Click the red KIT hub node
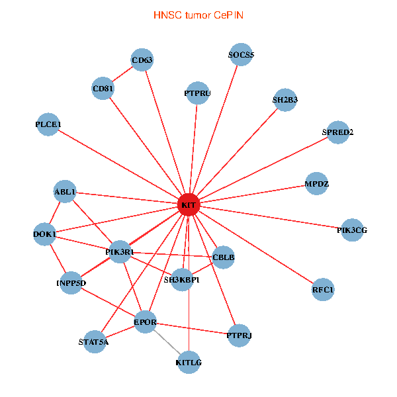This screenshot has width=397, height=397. click(x=189, y=205)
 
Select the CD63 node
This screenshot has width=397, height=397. click(x=142, y=61)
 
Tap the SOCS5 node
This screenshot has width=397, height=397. click(x=241, y=55)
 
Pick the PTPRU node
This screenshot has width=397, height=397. click(x=197, y=93)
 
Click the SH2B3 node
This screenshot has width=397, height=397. click(x=285, y=101)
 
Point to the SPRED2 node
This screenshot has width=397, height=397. click(x=337, y=132)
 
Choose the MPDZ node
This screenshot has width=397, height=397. click(x=317, y=183)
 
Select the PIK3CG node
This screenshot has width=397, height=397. click(x=351, y=230)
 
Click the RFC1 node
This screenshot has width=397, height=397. click(x=323, y=290)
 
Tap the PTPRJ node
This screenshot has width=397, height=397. click(x=239, y=335)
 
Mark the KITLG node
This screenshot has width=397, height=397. click(x=189, y=363)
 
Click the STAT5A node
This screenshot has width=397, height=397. click(x=93, y=342)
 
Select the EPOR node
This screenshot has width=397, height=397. click(x=145, y=323)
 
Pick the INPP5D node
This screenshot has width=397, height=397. click(x=71, y=283)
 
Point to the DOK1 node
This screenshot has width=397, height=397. click(x=44, y=234)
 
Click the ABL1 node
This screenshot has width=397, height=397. click(x=65, y=192)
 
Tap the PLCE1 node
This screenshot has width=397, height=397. click(x=48, y=124)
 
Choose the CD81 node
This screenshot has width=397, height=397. click(x=103, y=88)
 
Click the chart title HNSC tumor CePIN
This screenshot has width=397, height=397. click(x=198, y=15)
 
